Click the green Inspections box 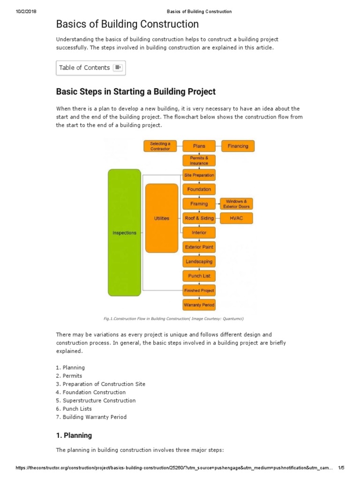click(124, 232)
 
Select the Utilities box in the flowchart click(162, 218)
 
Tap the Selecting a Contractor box click(160, 146)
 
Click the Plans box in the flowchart click(199, 146)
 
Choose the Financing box click(238, 146)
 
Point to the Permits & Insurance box click(199, 160)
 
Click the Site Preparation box click(199, 175)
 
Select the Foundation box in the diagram click(199, 189)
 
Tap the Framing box click(199, 204)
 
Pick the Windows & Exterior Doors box click(236, 204)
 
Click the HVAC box click(236, 218)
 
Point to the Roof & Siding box click(199, 218)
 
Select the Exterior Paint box click(199, 247)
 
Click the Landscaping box click(199, 262)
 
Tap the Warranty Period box click(199, 305)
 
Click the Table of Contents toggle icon click(118, 68)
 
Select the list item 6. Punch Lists click(74, 409)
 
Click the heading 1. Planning click(74, 435)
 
